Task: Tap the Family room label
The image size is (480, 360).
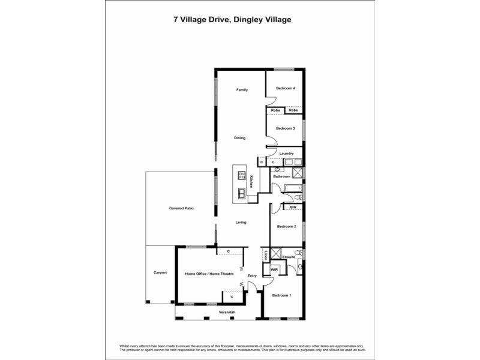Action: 242,89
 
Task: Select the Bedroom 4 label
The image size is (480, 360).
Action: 285,88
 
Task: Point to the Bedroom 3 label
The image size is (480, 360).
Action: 285,128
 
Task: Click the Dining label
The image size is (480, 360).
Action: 240,138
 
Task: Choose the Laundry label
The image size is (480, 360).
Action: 286,153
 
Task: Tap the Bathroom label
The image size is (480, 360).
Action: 282,176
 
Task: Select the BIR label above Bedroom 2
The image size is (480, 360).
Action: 293,207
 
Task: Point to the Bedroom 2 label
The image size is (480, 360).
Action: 286,226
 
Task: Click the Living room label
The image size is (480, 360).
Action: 241,223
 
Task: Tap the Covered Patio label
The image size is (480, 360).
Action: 181,208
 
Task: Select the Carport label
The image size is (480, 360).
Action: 160,272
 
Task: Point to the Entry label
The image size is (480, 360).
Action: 252,275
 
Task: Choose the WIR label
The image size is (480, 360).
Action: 274,269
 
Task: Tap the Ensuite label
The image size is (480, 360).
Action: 289,257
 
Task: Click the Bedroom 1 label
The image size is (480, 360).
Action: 281,295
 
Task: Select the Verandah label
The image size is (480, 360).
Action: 226,313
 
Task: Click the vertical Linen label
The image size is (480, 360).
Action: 265,254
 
